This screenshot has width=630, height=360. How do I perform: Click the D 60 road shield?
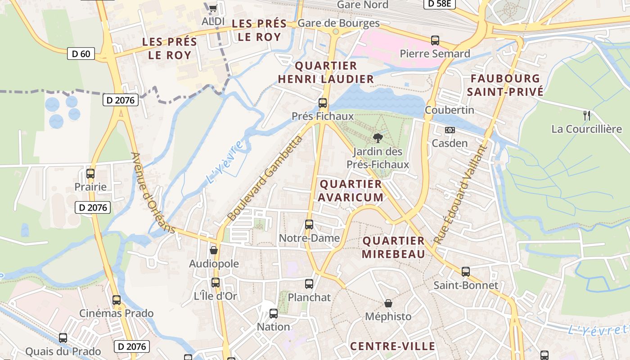(x=81, y=54)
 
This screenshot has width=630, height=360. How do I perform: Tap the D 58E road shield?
(x=440, y=4)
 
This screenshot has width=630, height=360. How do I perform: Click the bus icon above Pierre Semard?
(x=435, y=40)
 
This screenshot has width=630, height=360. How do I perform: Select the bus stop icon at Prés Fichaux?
(x=323, y=103)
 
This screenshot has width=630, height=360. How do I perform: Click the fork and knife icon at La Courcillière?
(x=587, y=116)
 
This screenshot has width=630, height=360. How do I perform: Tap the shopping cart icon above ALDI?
(x=213, y=8)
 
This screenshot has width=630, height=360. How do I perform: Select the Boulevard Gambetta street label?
(x=265, y=179)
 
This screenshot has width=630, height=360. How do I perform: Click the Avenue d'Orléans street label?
(x=153, y=193)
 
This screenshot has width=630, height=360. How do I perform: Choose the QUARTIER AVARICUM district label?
(x=351, y=191)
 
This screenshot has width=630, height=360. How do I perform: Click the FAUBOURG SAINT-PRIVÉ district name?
(x=505, y=85)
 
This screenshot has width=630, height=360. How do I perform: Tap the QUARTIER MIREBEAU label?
(x=394, y=247)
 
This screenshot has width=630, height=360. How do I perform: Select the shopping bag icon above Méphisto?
(x=388, y=304)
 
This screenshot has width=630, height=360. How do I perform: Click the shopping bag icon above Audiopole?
(x=214, y=250)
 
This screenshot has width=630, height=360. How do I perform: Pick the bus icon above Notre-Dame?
(x=309, y=224)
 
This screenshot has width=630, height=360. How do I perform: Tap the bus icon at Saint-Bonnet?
(x=466, y=272)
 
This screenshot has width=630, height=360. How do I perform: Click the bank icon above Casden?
(x=450, y=130)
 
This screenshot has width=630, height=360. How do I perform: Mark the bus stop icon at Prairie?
(x=90, y=174)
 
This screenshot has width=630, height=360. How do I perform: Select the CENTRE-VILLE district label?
(x=392, y=346)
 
